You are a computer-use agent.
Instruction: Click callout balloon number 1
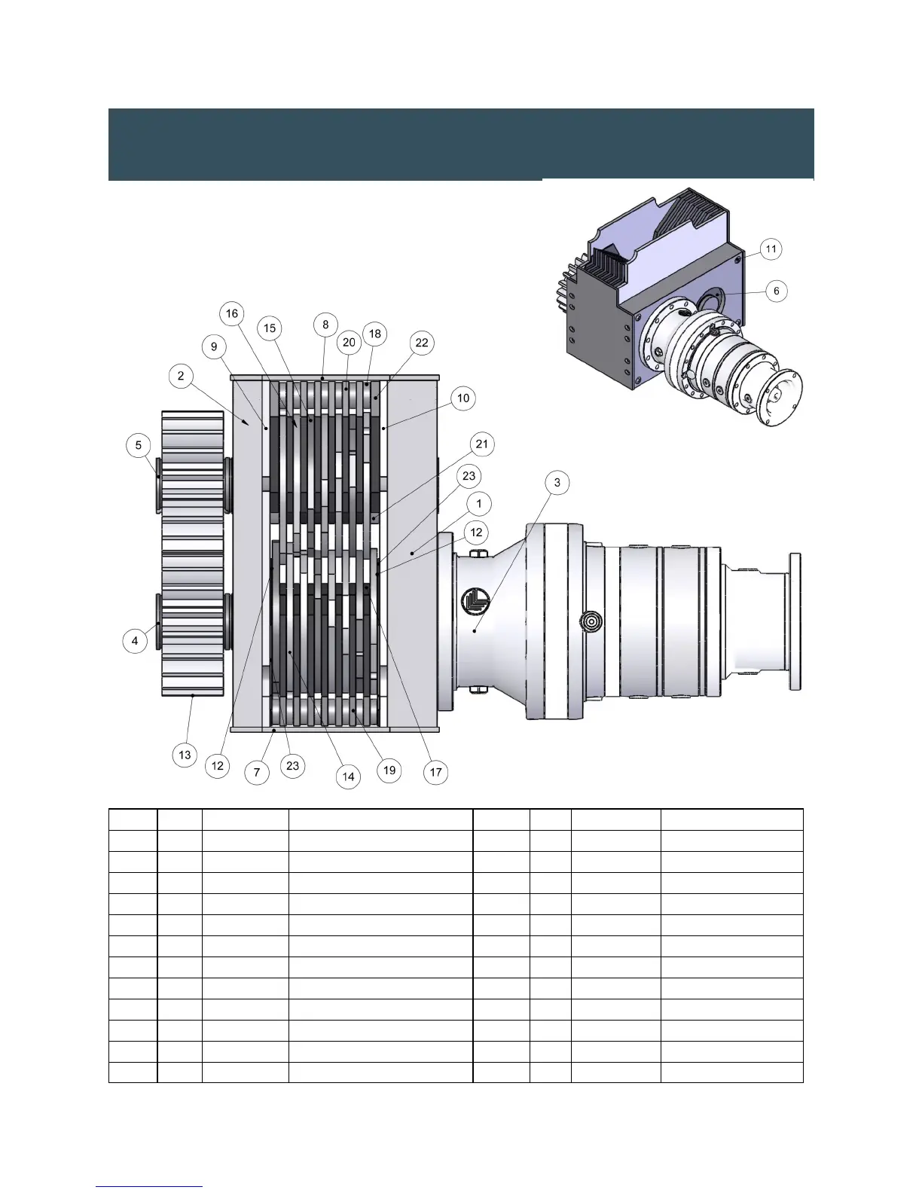click(479, 503)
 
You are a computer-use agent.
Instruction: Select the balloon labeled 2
click(181, 376)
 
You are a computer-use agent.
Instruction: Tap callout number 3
click(557, 483)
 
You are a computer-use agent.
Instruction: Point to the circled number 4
click(135, 641)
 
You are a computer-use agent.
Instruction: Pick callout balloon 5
click(139, 444)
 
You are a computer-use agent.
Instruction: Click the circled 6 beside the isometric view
click(776, 291)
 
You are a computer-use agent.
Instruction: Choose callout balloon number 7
click(256, 773)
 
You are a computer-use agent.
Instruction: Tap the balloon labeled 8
click(325, 325)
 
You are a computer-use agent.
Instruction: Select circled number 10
click(463, 398)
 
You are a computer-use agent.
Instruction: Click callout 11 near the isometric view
click(771, 249)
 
